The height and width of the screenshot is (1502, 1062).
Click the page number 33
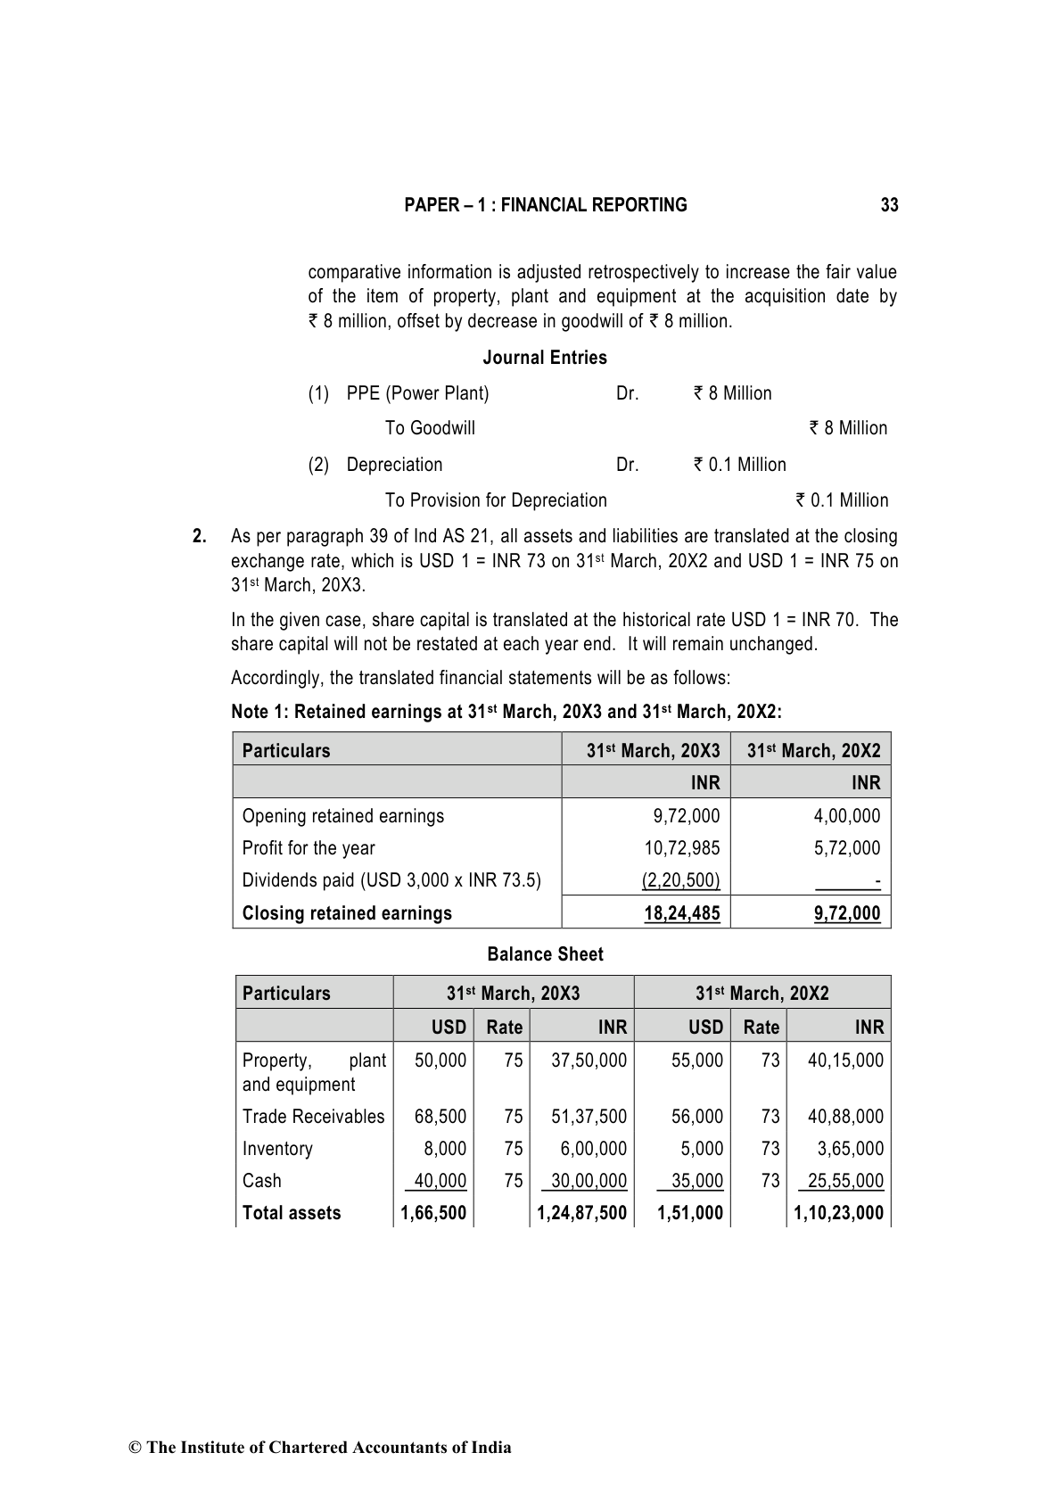(889, 205)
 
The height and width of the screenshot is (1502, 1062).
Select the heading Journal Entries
(545, 358)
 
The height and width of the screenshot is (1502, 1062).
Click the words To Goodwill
(430, 428)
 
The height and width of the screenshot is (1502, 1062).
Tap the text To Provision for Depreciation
(496, 500)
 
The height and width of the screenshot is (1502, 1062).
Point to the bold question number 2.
(200, 536)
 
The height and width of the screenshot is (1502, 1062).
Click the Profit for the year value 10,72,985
(681, 848)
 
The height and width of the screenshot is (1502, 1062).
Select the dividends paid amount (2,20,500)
(680, 880)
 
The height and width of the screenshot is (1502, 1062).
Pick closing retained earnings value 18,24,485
(681, 913)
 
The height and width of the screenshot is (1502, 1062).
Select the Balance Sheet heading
(545, 954)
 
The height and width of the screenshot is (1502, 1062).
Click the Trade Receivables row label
(313, 1117)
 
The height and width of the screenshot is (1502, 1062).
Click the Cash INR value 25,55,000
(845, 1181)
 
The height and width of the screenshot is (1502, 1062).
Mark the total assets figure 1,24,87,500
(581, 1213)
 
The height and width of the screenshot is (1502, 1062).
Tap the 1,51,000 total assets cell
(690, 1213)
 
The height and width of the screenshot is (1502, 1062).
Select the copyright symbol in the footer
(136, 1448)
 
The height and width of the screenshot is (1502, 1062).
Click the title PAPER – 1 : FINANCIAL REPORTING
(545, 205)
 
